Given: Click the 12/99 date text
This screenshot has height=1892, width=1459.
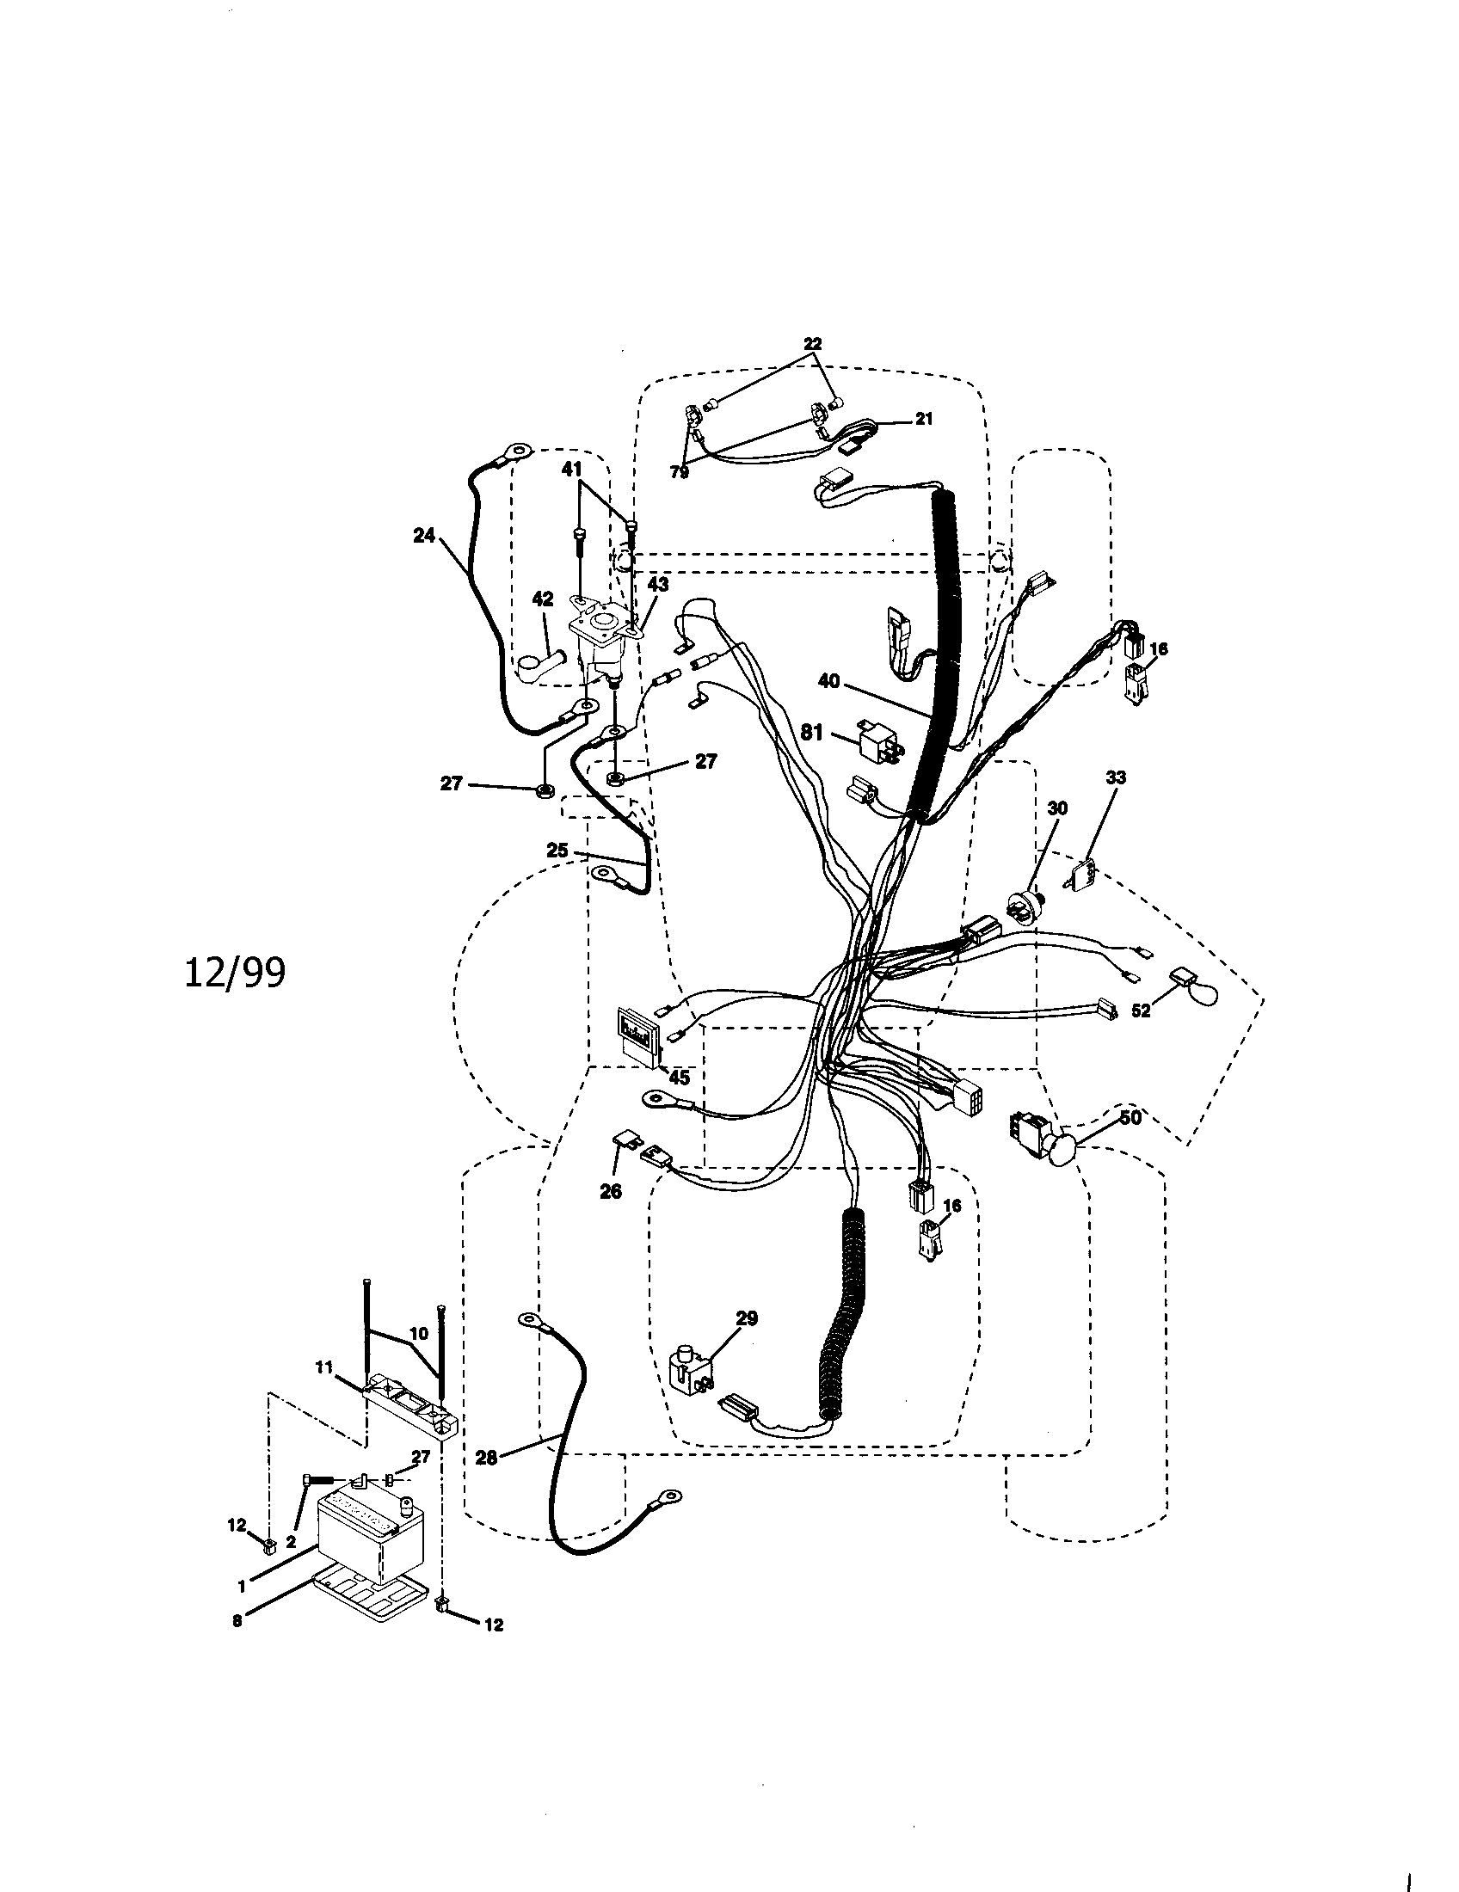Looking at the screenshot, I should click(x=235, y=974).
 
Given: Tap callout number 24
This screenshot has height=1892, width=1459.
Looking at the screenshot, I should click(x=423, y=537).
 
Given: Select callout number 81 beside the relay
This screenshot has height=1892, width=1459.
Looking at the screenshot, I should click(x=811, y=733).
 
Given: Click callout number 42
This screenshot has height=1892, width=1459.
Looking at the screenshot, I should click(x=542, y=599).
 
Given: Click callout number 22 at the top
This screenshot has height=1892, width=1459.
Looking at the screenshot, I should click(x=812, y=343).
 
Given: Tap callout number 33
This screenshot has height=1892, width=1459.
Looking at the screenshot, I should click(x=1116, y=778).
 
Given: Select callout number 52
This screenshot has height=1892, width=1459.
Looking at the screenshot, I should click(x=1141, y=1011).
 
